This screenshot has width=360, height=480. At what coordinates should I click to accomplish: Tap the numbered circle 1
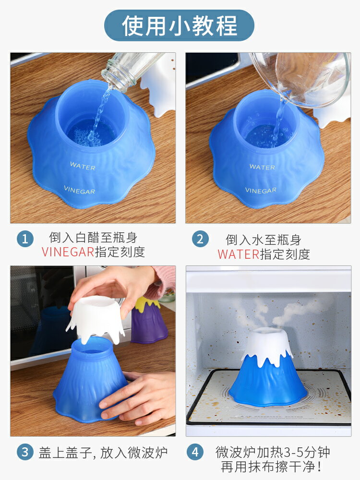(25, 239)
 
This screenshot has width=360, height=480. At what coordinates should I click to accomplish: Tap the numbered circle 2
(200, 239)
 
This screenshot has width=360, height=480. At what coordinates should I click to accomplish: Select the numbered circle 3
(25, 452)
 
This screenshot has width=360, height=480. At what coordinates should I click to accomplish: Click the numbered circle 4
(194, 452)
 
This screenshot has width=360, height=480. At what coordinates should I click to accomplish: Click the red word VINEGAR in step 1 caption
(68, 252)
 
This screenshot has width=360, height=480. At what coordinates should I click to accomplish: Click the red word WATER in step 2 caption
(238, 254)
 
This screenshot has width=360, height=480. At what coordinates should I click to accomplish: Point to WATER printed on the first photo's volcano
(83, 166)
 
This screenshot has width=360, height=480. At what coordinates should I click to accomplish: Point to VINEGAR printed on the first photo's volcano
(79, 190)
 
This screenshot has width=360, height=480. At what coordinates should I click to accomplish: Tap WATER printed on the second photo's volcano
(262, 167)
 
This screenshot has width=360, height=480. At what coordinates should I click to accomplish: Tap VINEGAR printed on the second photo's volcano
(261, 190)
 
